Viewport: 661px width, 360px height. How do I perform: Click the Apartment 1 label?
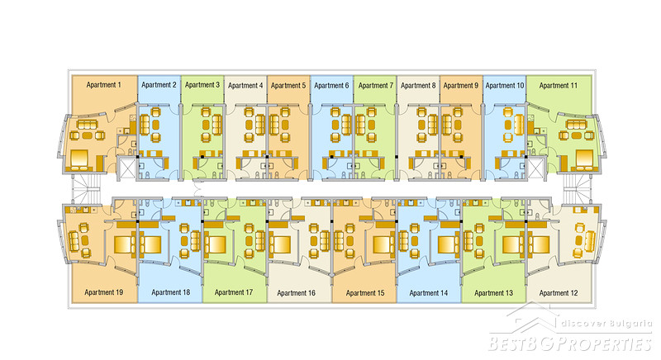[x=102, y=85]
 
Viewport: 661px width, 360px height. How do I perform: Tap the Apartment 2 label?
[x=159, y=85]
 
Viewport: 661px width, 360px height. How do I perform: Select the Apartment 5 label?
[x=288, y=85]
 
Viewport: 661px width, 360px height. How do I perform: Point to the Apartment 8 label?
[x=417, y=85]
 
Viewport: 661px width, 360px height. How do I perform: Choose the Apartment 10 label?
[x=504, y=85]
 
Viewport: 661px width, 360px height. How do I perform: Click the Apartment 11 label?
[x=558, y=85]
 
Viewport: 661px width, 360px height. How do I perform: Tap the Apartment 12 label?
[x=558, y=292]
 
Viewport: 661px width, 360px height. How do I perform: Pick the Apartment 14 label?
[x=428, y=292]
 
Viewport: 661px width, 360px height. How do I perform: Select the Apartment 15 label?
[x=364, y=292]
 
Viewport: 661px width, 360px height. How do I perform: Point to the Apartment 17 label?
[x=234, y=292]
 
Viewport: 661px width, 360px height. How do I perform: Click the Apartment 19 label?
[x=103, y=292]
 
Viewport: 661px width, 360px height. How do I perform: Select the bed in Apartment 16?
[x=279, y=244]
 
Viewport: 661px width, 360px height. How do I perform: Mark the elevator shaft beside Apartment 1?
[x=127, y=169]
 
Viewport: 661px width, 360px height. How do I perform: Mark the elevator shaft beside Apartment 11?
[x=535, y=169]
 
